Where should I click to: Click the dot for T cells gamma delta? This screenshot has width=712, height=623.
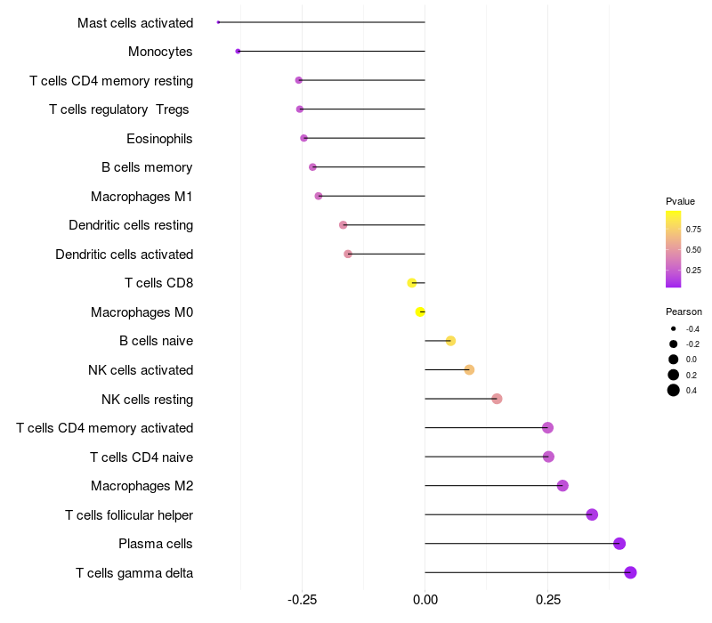(x=630, y=572)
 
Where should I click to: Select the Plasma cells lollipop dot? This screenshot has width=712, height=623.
(x=619, y=544)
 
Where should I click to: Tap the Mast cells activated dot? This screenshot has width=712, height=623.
(x=218, y=22)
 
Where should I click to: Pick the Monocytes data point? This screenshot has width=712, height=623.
(x=238, y=52)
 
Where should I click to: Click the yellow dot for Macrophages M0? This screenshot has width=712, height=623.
(x=420, y=311)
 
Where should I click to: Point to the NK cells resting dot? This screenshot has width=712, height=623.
(x=497, y=399)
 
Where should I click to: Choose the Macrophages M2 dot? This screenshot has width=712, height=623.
(x=562, y=486)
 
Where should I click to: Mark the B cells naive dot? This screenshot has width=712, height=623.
(x=450, y=341)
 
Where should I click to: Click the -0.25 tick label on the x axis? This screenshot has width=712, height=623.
(x=302, y=600)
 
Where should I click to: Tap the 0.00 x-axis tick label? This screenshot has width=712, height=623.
(x=425, y=600)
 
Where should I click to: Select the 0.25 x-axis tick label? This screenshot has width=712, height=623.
(x=548, y=600)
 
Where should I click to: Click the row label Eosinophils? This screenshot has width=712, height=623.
(x=159, y=139)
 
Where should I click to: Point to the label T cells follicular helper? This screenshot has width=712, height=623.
(x=129, y=515)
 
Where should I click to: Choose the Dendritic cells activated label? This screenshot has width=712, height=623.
(x=124, y=255)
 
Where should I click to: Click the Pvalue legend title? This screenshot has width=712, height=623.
(x=680, y=201)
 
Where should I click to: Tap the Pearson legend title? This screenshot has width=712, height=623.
(x=684, y=312)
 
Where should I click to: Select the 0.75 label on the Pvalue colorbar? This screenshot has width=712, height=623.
(x=693, y=230)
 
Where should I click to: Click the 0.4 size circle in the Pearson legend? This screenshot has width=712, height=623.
(x=674, y=390)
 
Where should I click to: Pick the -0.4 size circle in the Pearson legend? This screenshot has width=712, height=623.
(x=674, y=329)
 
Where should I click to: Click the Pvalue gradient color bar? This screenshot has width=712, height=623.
(x=674, y=249)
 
